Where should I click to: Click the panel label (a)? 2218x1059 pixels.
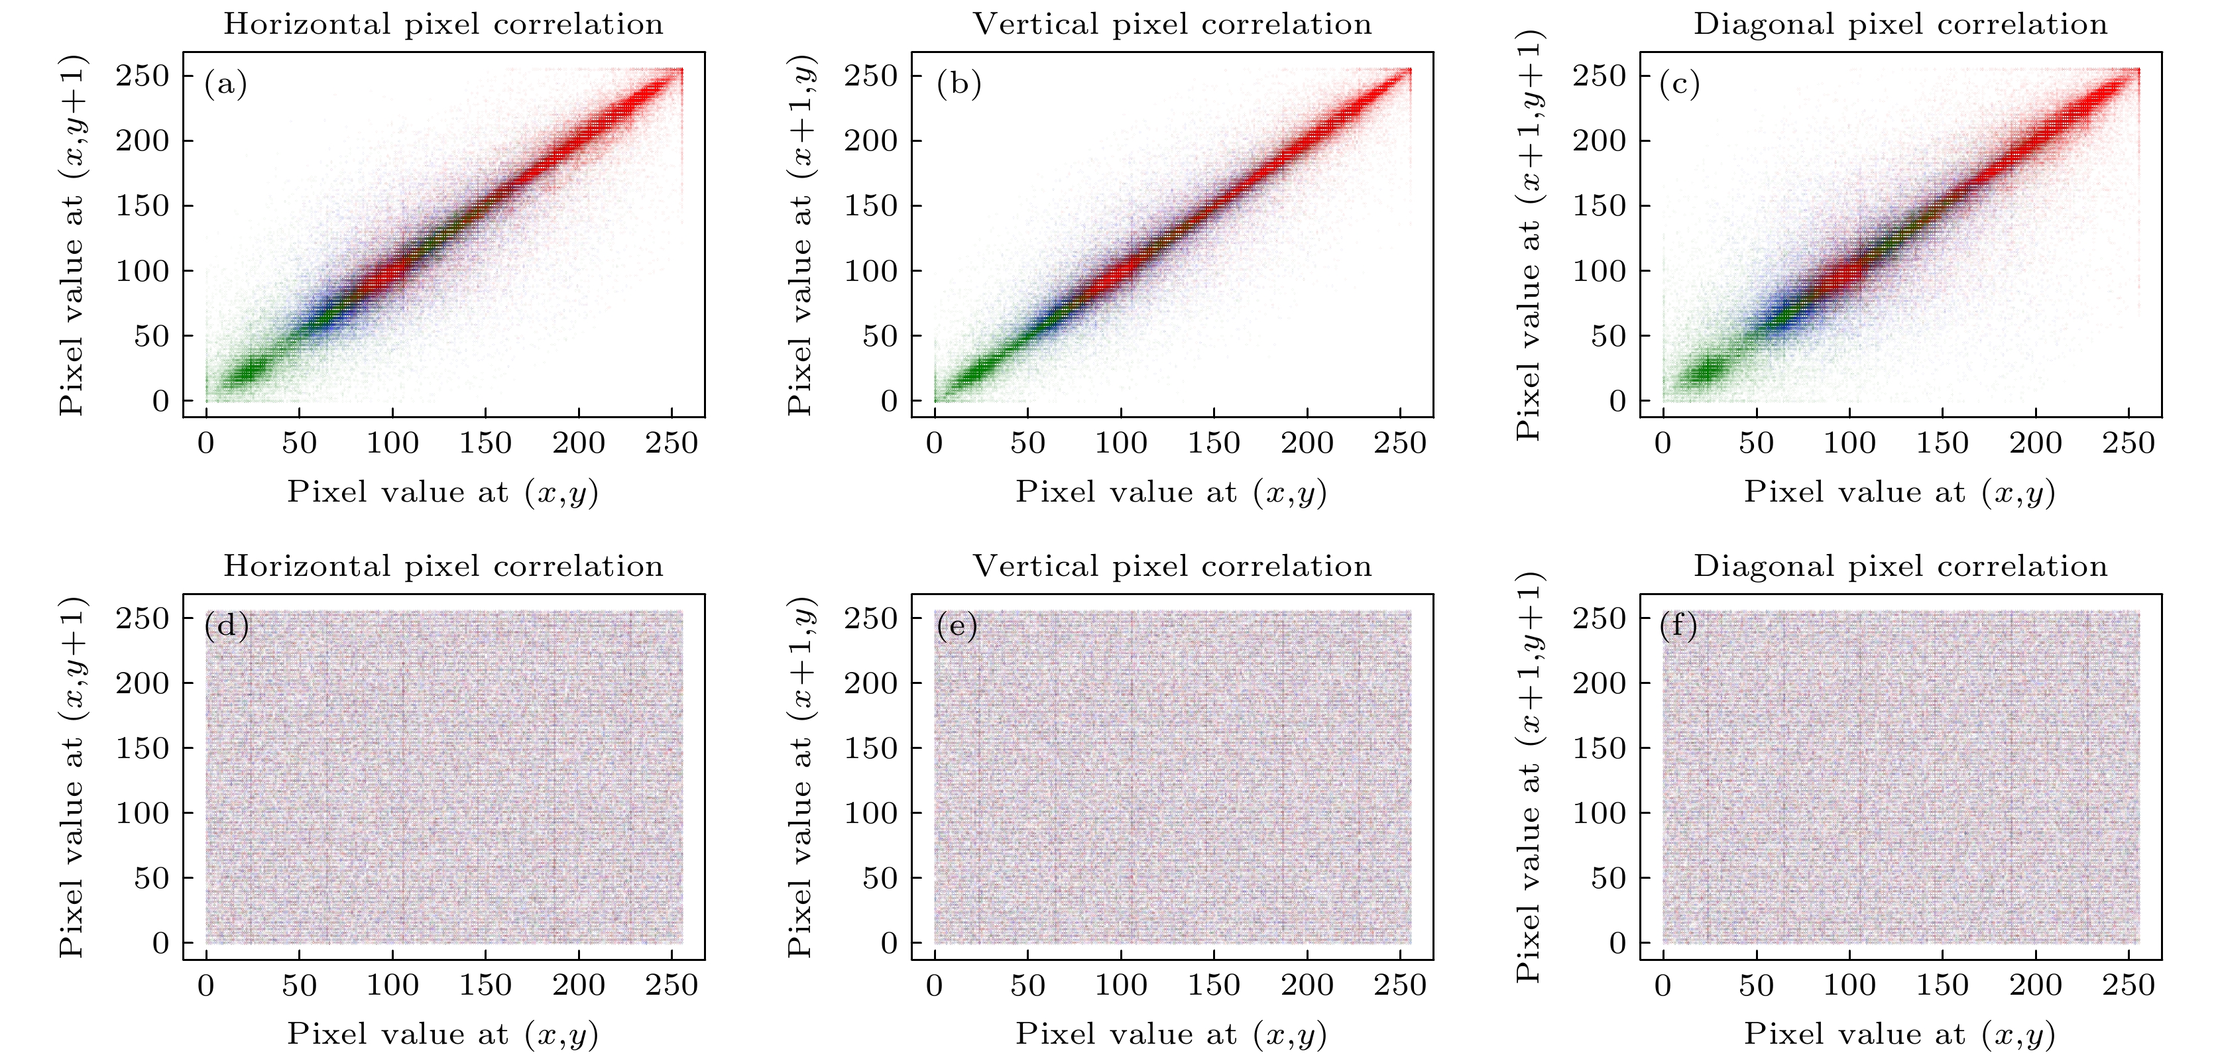(x=225, y=84)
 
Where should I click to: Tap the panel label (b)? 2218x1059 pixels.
(x=959, y=84)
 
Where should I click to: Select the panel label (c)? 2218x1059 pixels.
(x=1680, y=84)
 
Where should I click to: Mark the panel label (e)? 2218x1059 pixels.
(x=957, y=626)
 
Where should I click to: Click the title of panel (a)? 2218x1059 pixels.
(x=443, y=24)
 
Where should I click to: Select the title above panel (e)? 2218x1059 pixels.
(x=1172, y=567)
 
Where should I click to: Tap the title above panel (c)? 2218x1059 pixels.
(x=1900, y=24)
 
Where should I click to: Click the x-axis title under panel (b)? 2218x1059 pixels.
(x=1171, y=492)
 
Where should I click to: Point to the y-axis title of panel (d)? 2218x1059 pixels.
(x=72, y=777)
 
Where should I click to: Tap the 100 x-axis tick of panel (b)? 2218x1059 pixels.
(x=1120, y=443)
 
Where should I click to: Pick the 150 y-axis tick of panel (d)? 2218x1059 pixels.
(x=143, y=748)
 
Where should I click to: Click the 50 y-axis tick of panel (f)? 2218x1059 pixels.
(x=1608, y=878)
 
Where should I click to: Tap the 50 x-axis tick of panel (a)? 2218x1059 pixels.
(x=299, y=443)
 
